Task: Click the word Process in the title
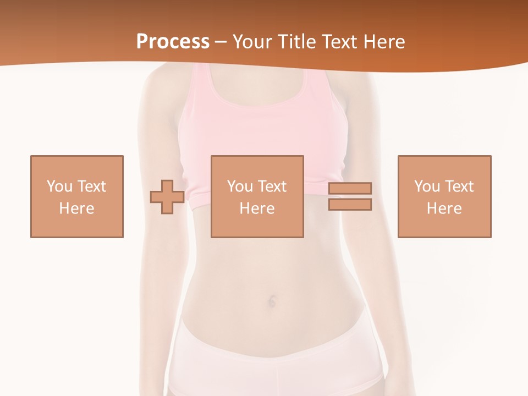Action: coord(173,42)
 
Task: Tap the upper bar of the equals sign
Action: coord(350,188)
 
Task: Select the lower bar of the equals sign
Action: coord(350,205)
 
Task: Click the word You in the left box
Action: coord(59,186)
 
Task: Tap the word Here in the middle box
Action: coord(257,208)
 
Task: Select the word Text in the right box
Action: coord(459,186)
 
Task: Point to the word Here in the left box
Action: coord(77,208)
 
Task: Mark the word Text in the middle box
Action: coord(272,186)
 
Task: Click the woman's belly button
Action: coord(272,301)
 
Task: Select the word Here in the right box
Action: coord(444,208)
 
